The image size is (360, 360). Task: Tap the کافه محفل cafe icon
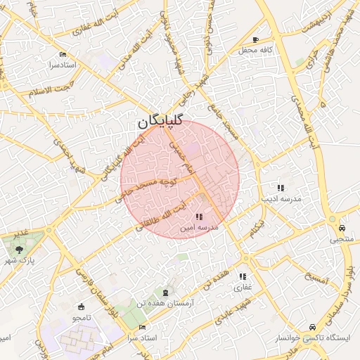click(x=255, y=39)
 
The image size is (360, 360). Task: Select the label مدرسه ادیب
click(x=281, y=200)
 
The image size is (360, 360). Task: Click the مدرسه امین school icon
click(x=199, y=217)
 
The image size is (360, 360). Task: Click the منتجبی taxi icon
click(x=342, y=228)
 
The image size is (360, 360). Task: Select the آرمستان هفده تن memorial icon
click(x=166, y=292)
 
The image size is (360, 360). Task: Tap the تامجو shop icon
click(x=81, y=307)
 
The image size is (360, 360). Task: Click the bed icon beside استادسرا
click(x=63, y=54)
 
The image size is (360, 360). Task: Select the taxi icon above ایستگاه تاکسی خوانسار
click(x=311, y=328)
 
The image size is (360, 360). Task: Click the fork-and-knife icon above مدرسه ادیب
click(x=281, y=188)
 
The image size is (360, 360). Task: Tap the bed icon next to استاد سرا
click(x=143, y=328)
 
